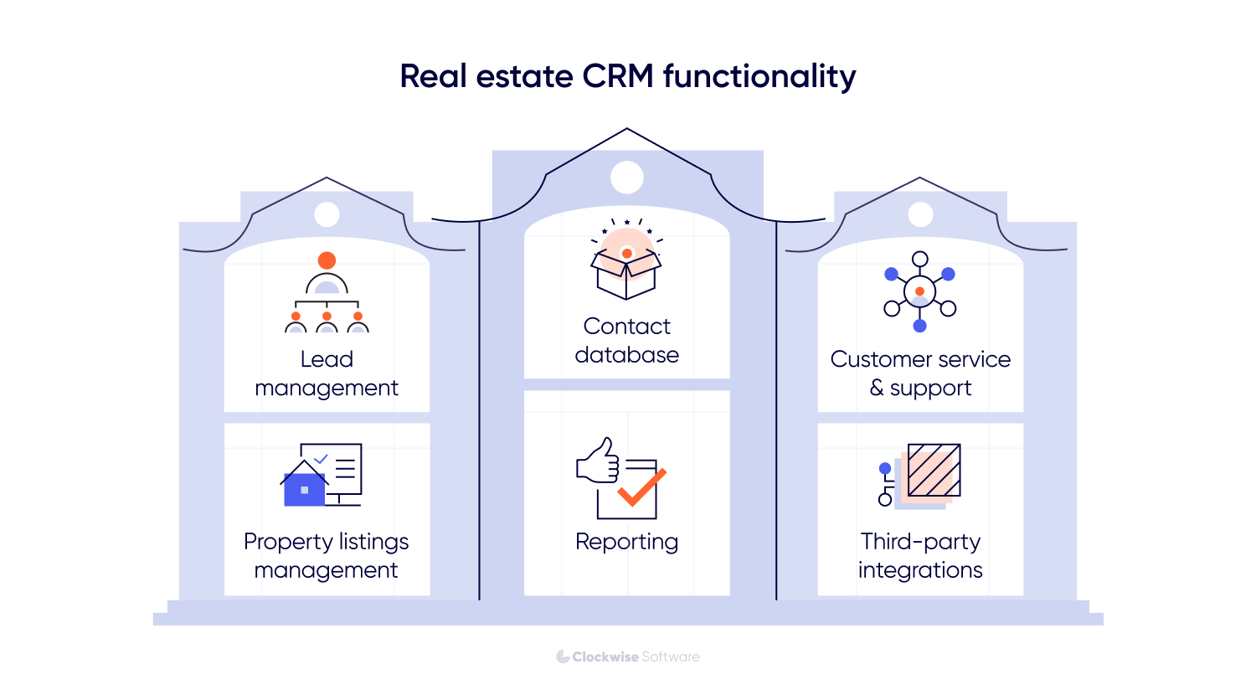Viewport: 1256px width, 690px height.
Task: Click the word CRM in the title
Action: (x=618, y=76)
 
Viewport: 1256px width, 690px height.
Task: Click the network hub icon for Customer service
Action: (x=919, y=291)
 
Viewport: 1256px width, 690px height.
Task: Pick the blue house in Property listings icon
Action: (x=304, y=487)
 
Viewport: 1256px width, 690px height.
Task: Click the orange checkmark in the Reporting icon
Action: (x=642, y=487)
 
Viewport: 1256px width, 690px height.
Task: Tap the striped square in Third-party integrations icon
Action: (x=934, y=470)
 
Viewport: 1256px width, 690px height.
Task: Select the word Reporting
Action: (x=626, y=542)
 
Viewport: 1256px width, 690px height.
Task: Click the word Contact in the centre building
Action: (x=626, y=326)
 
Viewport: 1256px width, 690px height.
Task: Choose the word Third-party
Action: (x=920, y=542)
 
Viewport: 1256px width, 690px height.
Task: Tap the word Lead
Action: (x=327, y=359)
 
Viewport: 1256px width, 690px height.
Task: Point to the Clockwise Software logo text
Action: (x=628, y=657)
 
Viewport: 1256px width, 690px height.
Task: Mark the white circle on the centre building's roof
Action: (x=626, y=178)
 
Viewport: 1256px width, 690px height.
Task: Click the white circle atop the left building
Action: (x=327, y=214)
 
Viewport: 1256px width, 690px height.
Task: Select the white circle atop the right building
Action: (x=920, y=214)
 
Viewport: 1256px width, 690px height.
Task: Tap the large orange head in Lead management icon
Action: (x=327, y=260)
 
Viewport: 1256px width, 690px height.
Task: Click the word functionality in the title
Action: (x=759, y=76)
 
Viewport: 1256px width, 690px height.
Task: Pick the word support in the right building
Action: (x=930, y=388)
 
